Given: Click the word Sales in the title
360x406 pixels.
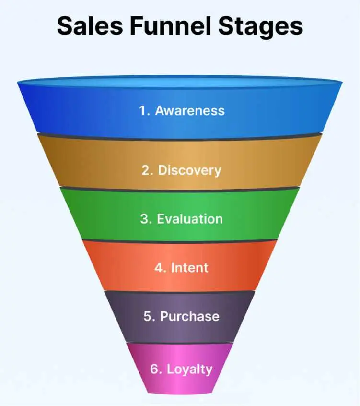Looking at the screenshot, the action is pyautogui.click(x=90, y=26).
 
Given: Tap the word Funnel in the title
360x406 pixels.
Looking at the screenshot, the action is pyautogui.click(x=171, y=25).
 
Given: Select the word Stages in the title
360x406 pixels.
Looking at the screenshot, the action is pyautogui.click(x=261, y=28).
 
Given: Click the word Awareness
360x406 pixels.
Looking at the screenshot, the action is pyautogui.click(x=190, y=110).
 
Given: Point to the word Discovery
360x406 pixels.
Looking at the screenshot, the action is pyautogui.click(x=189, y=171).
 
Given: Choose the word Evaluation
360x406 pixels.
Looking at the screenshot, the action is pyautogui.click(x=190, y=219).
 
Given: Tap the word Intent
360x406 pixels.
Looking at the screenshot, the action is pyautogui.click(x=189, y=267).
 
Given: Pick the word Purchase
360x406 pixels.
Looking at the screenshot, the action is pyautogui.click(x=189, y=316).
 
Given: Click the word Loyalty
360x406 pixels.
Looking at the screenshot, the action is pyautogui.click(x=189, y=370).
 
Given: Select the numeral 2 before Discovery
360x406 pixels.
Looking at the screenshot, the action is pyautogui.click(x=146, y=170).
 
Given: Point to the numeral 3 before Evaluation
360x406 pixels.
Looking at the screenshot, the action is pyautogui.click(x=144, y=219).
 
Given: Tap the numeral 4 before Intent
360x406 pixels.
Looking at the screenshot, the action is pyautogui.click(x=159, y=267).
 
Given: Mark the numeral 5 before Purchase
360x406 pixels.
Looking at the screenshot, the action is pyautogui.click(x=148, y=316).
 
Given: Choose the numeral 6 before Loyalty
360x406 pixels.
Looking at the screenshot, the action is pyautogui.click(x=154, y=369).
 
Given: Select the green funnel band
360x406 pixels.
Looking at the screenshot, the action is pyautogui.click(x=180, y=215).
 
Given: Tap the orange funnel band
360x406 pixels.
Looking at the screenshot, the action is pyautogui.click(x=180, y=265).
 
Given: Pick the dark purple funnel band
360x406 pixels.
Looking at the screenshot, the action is pyautogui.click(x=180, y=316).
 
